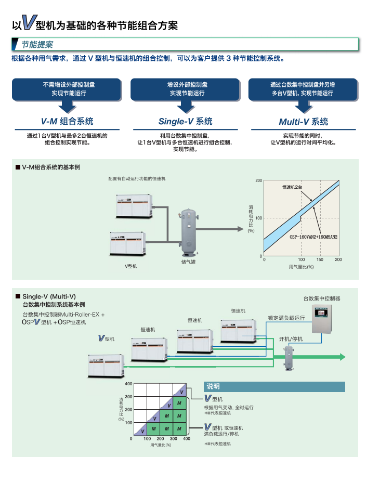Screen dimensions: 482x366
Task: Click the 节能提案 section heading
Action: click(37, 45)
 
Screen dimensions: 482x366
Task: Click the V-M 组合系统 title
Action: click(68, 121)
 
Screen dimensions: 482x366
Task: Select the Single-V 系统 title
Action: click(186, 121)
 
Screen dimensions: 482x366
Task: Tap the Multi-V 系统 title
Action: click(304, 122)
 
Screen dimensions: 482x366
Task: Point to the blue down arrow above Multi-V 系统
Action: click(304, 106)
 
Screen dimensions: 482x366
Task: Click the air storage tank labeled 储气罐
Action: click(188, 232)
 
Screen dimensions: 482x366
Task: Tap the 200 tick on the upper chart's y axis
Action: click(259, 180)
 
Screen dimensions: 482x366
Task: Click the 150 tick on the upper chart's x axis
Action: click(320, 259)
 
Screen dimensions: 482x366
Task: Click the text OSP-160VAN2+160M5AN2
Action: click(313, 237)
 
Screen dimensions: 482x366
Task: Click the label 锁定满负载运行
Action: click(286, 318)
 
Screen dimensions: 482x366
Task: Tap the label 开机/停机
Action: click(291, 338)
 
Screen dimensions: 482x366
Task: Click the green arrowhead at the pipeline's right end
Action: click(342, 357)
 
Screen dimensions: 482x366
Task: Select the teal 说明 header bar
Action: click(274, 386)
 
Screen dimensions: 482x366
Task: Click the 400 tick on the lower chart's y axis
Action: click(128, 383)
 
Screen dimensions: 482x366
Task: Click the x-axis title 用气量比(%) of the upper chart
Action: click(302, 267)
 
